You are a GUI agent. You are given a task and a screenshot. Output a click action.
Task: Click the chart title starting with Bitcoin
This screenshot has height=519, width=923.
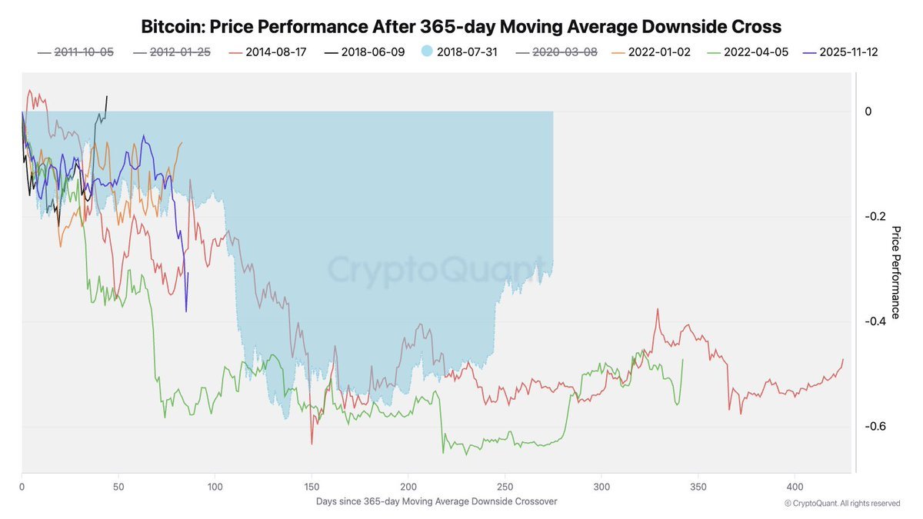pos(461,27)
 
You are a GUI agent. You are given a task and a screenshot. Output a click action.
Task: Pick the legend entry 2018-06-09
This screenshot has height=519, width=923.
pos(373,52)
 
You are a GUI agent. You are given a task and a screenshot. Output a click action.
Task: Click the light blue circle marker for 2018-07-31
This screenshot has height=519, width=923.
pos(427,52)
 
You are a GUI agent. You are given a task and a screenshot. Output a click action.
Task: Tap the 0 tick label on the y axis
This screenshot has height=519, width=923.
pos(868,111)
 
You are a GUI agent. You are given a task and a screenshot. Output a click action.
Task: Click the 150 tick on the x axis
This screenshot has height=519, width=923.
pos(312,487)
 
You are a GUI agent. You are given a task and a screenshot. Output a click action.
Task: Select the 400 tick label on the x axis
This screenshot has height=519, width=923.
pos(795,487)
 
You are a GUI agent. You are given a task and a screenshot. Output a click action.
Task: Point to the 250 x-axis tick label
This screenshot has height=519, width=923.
pos(505,487)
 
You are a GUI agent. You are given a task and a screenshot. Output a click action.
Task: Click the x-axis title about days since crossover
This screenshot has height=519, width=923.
pos(436,501)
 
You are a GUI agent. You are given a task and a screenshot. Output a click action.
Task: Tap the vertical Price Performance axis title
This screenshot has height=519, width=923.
pos(895,272)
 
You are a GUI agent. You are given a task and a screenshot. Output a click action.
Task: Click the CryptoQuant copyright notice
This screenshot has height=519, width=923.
pos(842,504)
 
